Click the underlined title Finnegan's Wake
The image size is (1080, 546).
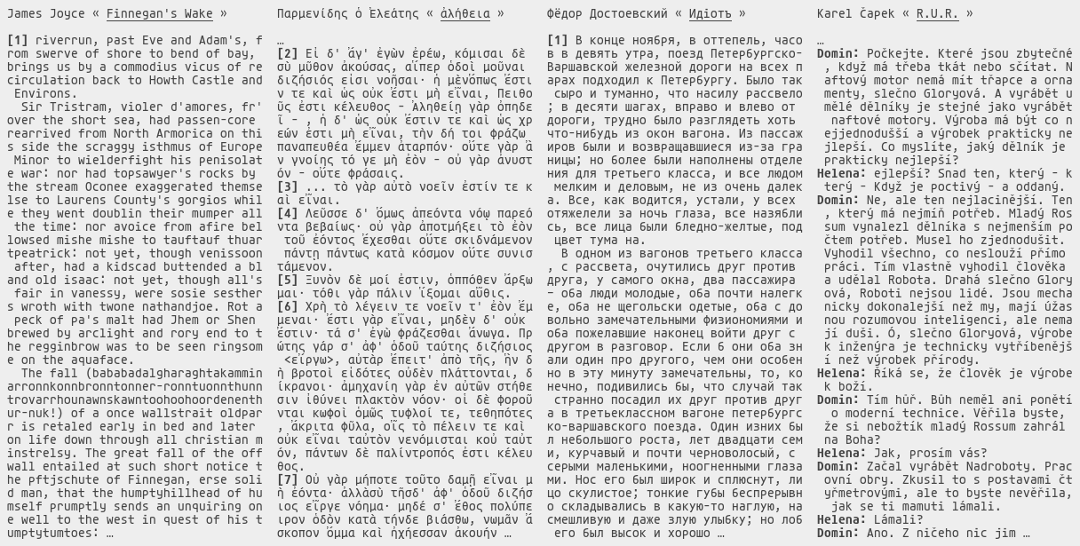pyautogui.click(x=166, y=14)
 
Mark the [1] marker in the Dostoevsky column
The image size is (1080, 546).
pyautogui.click(x=557, y=41)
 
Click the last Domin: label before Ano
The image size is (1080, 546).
pyautogui.click(x=838, y=533)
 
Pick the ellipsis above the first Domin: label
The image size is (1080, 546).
pyautogui.click(x=821, y=41)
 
